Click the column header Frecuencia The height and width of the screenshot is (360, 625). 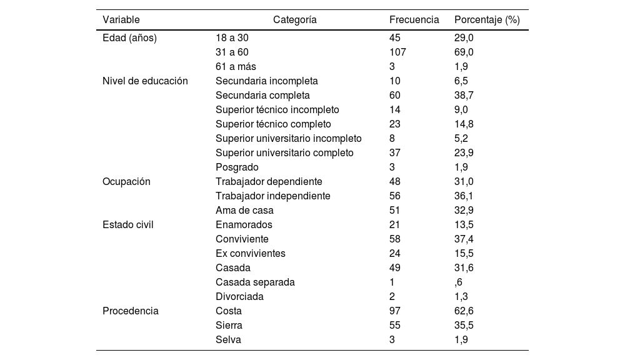414,19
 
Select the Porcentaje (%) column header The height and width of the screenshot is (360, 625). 487,19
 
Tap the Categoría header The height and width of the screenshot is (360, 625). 295,19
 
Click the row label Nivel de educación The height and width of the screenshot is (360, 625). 145,81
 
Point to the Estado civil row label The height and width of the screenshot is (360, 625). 128,224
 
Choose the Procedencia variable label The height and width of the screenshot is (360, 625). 131,311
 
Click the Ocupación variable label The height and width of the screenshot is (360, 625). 127,181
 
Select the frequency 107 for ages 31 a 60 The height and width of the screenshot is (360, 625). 397,52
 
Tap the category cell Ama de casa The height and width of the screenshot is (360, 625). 244,210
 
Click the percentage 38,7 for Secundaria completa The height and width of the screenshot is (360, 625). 464,95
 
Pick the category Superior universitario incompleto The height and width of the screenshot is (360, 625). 288,138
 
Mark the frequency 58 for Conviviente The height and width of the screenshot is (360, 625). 395,239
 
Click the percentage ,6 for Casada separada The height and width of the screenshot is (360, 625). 459,282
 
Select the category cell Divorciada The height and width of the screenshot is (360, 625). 239,296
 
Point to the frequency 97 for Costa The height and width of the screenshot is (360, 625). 395,311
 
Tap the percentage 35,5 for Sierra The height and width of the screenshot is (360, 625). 464,325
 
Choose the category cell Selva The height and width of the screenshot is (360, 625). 228,339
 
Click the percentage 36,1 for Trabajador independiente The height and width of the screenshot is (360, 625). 464,196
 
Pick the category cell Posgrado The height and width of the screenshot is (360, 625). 237,167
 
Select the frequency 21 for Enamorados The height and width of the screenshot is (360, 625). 395,224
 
